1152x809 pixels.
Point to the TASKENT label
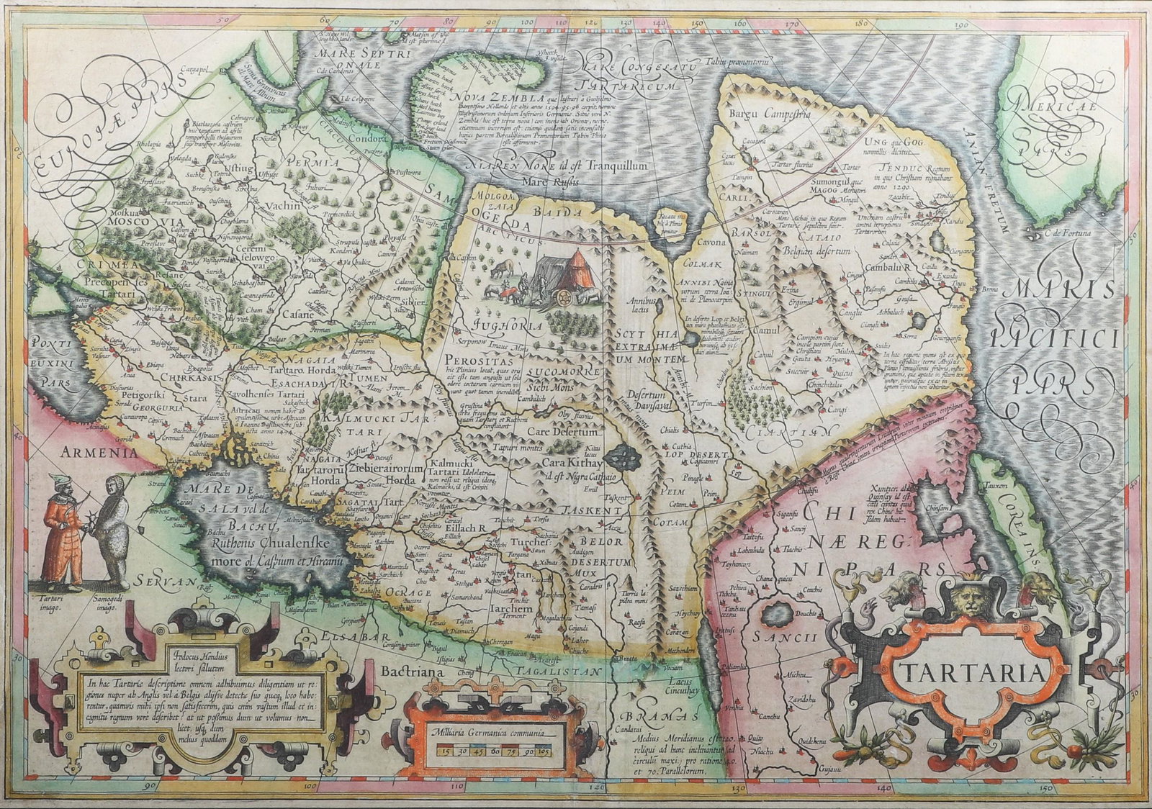tap(597, 510)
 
